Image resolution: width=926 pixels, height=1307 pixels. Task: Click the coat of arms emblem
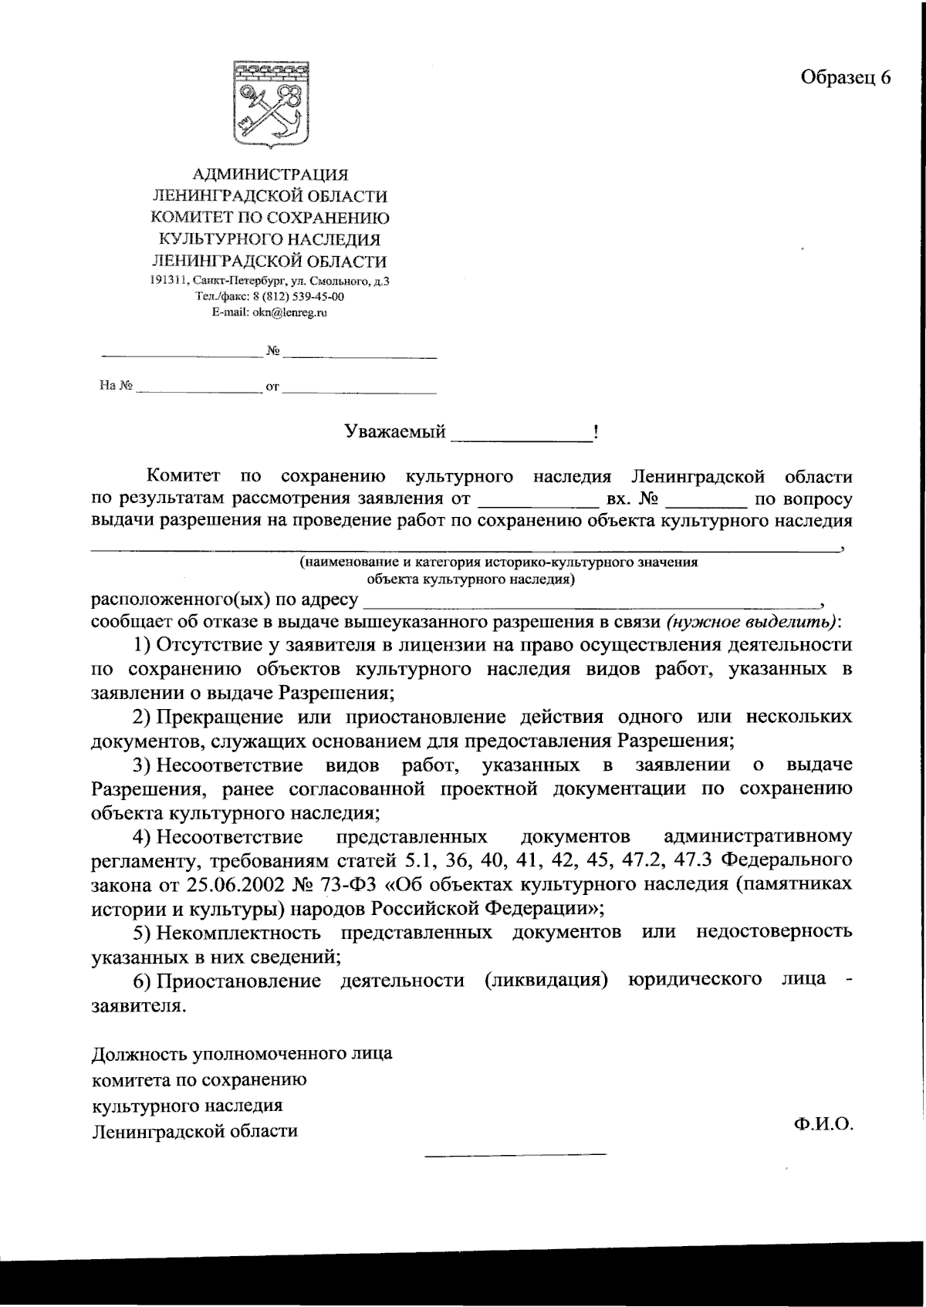pos(271,105)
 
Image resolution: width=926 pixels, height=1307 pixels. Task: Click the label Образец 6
pos(845,77)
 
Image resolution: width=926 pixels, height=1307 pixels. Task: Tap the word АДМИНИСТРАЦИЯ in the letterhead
pos(270,175)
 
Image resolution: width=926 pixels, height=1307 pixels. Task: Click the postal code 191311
pos(168,282)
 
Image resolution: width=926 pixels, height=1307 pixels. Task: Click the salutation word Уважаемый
pos(395,432)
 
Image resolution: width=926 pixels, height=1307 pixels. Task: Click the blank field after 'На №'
pos(199,390)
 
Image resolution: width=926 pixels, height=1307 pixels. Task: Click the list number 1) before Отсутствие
pos(144,645)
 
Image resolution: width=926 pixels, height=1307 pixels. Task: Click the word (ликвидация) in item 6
pos(547,981)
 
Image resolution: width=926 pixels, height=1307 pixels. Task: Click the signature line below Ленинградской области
pos(515,1154)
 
